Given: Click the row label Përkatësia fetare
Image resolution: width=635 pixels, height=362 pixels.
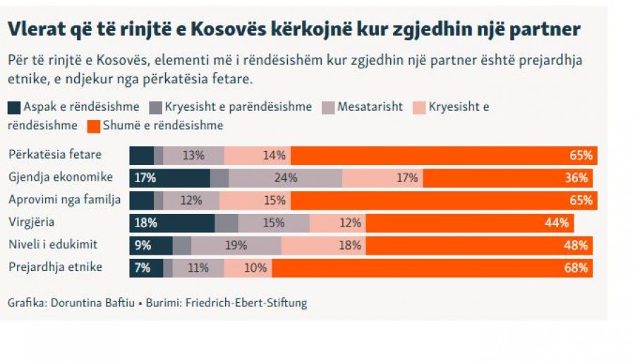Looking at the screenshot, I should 54,155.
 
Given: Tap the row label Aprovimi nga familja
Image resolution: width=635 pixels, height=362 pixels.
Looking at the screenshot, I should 64,200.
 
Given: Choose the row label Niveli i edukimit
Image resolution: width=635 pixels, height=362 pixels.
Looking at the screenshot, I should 52,245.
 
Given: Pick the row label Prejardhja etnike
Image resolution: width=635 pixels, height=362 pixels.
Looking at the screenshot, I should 56,267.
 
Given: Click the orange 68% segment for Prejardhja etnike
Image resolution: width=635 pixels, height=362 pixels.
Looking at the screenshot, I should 432,268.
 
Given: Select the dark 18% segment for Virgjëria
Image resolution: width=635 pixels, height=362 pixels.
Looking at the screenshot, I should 171,223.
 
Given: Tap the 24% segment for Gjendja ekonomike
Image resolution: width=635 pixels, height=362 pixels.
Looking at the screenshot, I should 285,178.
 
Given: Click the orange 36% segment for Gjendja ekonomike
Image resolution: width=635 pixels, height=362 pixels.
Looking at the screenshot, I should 507,178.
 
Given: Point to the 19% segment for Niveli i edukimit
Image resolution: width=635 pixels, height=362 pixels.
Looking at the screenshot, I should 236,246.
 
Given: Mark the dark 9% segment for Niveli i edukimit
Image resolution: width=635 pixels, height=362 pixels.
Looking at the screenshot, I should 150,246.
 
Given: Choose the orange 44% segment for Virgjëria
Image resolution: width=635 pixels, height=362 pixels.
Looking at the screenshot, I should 469,223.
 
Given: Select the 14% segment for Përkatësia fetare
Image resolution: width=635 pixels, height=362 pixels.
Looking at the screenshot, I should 257,155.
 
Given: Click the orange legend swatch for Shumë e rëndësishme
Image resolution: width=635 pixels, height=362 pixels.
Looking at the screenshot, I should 92,126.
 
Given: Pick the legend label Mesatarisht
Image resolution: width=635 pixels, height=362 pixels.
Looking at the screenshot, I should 370,107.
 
